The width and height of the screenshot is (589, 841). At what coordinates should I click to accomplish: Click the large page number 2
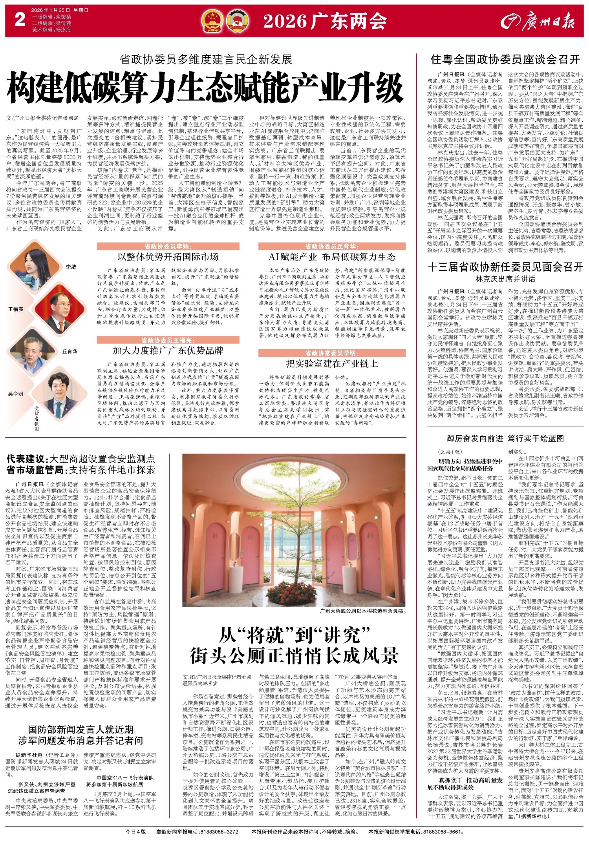pyautogui.click(x=20, y=20)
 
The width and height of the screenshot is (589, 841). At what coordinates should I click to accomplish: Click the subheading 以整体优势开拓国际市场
pyautogui.click(x=168, y=257)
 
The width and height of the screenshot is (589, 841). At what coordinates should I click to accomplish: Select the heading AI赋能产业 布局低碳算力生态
pyautogui.click(x=332, y=257)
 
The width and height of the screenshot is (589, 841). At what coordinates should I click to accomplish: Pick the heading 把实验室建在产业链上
pyautogui.click(x=332, y=364)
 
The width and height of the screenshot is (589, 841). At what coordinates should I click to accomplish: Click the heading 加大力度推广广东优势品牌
pyautogui.click(x=168, y=350)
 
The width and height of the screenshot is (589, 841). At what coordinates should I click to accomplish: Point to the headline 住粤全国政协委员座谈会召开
pyautogui.click(x=505, y=60)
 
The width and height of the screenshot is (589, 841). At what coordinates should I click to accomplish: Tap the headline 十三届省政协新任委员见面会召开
pyautogui.click(x=505, y=267)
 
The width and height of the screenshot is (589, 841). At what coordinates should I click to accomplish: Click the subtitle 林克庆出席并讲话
pyautogui.click(x=505, y=279)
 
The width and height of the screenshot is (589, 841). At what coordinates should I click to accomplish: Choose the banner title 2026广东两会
pyautogui.click(x=325, y=21)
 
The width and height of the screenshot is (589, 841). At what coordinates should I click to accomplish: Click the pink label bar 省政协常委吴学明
pyautogui.click(x=332, y=353)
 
